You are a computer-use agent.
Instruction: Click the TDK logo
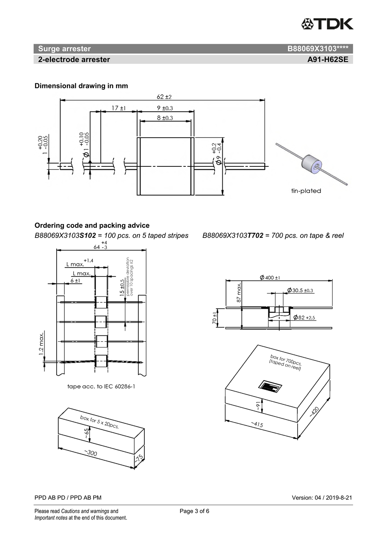tap(327, 24)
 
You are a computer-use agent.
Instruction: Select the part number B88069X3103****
tap(317, 49)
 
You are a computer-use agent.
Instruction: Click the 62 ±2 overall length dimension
tap(164, 97)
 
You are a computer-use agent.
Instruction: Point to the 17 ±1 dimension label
tap(119, 108)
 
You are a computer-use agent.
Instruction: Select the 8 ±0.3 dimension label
tap(165, 118)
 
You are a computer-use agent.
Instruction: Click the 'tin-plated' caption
tap(306, 191)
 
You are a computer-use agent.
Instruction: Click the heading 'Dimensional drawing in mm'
tap(81, 86)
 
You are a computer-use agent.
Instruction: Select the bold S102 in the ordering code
tap(88, 236)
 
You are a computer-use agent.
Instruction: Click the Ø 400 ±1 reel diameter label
tap(270, 277)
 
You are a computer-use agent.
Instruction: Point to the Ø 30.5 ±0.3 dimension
tap(300, 290)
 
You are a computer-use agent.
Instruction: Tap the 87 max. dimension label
tap(239, 292)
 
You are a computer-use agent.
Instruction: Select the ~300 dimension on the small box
tap(90, 453)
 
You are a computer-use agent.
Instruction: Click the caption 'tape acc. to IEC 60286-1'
tap(101, 386)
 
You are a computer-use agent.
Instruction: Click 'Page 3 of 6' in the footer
tap(194, 511)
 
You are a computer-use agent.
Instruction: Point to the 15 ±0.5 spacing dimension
tap(122, 287)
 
